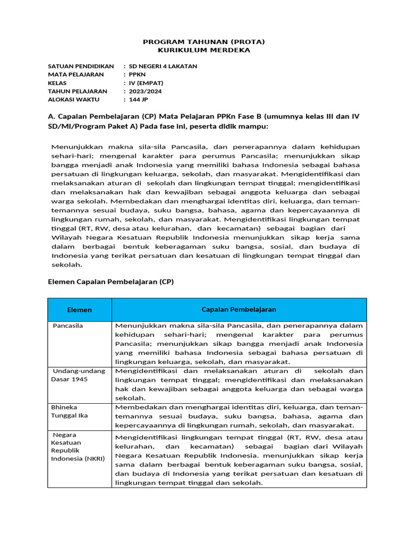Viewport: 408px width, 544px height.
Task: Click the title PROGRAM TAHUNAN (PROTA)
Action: (x=204, y=41)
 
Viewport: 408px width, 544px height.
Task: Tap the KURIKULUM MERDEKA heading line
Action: (x=204, y=50)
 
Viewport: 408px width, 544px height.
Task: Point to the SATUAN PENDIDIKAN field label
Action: (x=81, y=66)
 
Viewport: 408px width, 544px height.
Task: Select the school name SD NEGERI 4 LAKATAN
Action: (x=163, y=66)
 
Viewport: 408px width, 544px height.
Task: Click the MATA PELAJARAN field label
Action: (x=75, y=74)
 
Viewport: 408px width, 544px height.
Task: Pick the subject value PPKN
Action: (x=137, y=74)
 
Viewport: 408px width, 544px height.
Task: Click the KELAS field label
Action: (x=57, y=83)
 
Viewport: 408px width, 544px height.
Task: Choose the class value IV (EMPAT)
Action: (x=146, y=83)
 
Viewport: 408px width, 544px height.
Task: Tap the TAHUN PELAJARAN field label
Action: (x=78, y=91)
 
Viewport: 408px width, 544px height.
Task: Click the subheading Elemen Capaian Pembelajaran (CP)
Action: (x=110, y=282)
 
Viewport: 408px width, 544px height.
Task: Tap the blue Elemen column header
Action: (x=79, y=310)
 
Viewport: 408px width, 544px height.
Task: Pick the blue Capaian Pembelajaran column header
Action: (x=239, y=310)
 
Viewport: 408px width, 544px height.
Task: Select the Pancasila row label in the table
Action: (x=68, y=326)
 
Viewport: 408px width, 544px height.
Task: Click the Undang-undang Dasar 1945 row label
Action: (x=78, y=375)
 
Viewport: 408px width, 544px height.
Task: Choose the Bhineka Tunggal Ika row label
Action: (x=69, y=411)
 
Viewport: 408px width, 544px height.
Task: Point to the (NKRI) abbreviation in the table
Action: (x=93, y=458)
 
